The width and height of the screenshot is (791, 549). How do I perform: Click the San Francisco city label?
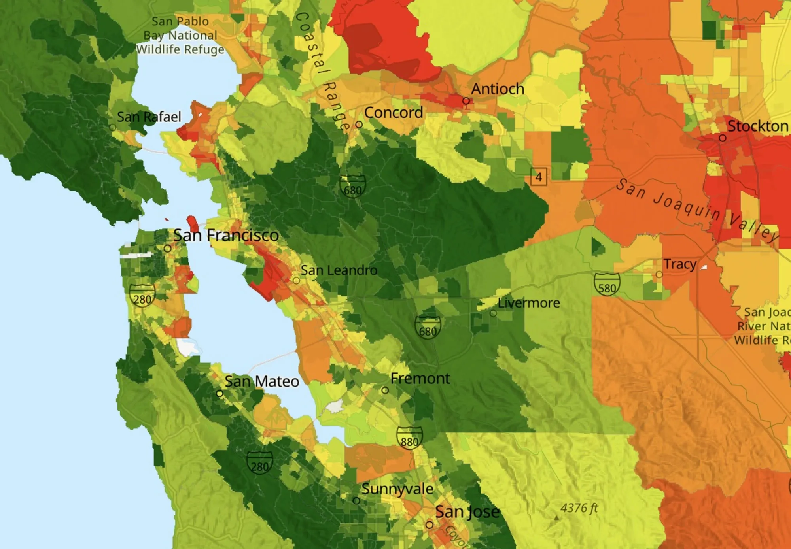[226, 236]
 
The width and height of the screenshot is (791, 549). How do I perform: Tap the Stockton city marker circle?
[722, 138]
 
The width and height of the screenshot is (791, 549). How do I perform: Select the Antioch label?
[498, 89]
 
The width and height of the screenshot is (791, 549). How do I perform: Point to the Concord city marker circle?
[359, 125]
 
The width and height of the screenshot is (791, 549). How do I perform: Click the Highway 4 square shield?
[538, 177]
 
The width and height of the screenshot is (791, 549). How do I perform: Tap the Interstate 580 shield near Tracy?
[607, 284]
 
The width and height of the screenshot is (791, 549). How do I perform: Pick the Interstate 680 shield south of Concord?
[352, 186]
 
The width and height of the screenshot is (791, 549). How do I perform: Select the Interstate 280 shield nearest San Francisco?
[142, 295]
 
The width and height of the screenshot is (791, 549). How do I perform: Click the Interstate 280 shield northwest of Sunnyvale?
[259, 462]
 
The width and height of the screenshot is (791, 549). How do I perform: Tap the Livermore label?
[528, 303]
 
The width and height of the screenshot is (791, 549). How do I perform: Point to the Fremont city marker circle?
[385, 390]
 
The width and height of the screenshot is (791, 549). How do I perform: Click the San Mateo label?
[261, 382]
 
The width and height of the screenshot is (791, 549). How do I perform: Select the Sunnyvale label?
[397, 489]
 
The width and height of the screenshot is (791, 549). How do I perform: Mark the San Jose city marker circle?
[429, 525]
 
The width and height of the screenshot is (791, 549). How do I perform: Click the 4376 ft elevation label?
[579, 508]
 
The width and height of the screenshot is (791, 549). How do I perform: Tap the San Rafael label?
[149, 117]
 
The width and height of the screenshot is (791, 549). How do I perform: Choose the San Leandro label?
[339, 270]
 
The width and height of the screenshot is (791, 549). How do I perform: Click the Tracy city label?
[679, 264]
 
